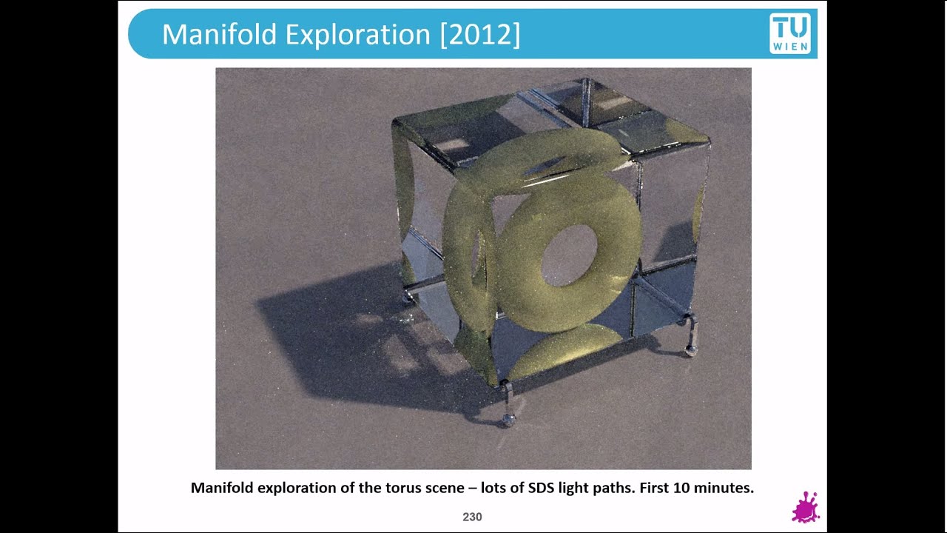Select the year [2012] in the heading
pyautogui.click(x=480, y=34)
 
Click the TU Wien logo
pyautogui.click(x=790, y=33)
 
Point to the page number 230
pyautogui.click(x=472, y=517)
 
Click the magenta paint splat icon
pyautogui.click(x=805, y=508)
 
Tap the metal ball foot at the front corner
pyautogui.click(x=508, y=420)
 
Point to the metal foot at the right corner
pyautogui.click(x=691, y=349)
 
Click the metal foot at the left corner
pyautogui.click(x=408, y=298)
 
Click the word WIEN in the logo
pyautogui.click(x=790, y=47)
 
